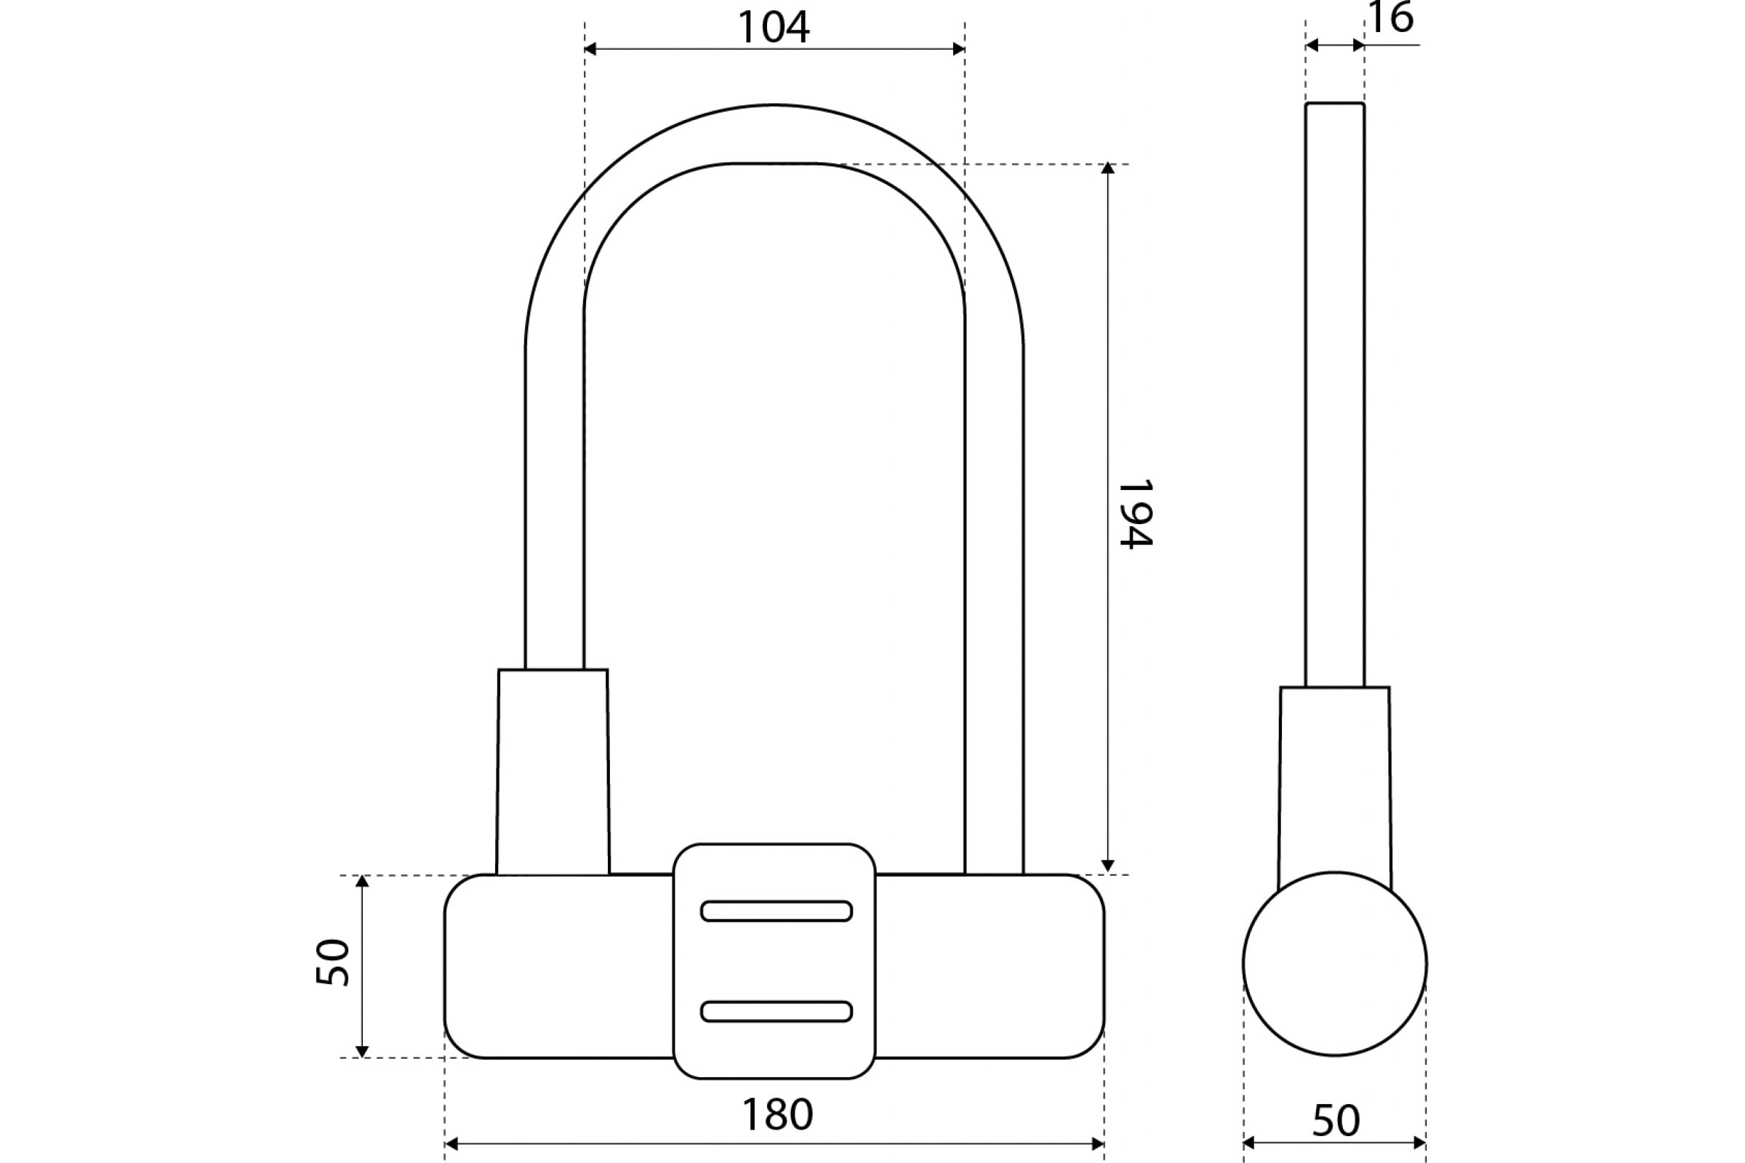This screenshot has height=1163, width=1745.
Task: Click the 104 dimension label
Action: (x=773, y=28)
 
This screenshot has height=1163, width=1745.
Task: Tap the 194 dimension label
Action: (x=1135, y=514)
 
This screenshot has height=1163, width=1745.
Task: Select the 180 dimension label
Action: (x=777, y=1114)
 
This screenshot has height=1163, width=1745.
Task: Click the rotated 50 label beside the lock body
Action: (x=332, y=962)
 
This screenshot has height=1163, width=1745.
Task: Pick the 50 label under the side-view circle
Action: (x=1336, y=1121)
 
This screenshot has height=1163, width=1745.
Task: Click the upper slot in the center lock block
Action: (x=776, y=911)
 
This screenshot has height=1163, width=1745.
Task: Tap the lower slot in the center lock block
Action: (x=776, y=1011)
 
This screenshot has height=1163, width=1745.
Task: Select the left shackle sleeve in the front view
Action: (x=553, y=772)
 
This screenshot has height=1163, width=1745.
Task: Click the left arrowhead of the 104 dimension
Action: (x=590, y=49)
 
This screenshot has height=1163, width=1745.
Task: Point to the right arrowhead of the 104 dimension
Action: (x=958, y=49)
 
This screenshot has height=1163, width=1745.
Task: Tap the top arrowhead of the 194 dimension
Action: (x=1107, y=168)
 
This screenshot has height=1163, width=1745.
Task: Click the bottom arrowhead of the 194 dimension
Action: (x=1107, y=866)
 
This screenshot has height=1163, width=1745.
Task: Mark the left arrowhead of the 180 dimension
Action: (x=451, y=1143)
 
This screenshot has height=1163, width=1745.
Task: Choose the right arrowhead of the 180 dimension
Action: (x=1098, y=1143)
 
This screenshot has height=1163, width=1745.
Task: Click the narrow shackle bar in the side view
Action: (x=1335, y=395)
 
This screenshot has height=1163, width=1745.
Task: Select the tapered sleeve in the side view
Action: (x=1335, y=786)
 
